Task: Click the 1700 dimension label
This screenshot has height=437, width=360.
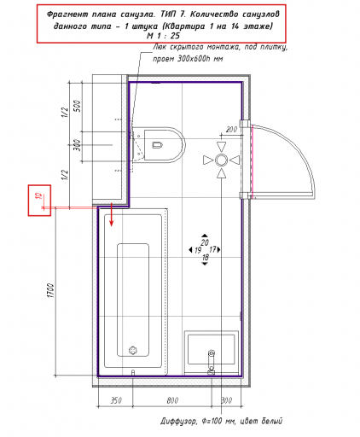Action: click(50, 290)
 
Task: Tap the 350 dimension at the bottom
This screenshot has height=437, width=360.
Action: click(116, 400)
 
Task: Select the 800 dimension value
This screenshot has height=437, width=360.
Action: click(172, 400)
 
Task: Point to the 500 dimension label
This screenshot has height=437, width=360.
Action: click(77, 106)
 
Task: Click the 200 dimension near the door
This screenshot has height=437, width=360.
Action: click(231, 130)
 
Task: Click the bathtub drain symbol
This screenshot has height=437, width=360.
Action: click(133, 350)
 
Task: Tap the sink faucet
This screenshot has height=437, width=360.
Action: click(211, 362)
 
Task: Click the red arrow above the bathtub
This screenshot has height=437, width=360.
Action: click(112, 215)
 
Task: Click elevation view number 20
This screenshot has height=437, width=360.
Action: click(205, 242)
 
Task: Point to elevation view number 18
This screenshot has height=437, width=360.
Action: click(205, 257)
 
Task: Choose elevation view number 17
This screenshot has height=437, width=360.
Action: click(212, 249)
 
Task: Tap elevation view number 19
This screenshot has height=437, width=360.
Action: click(198, 250)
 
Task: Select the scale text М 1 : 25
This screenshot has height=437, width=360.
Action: click(163, 36)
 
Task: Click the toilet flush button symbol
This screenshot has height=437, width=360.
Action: click(157, 145)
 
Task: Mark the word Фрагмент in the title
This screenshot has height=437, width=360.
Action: click(67, 14)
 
